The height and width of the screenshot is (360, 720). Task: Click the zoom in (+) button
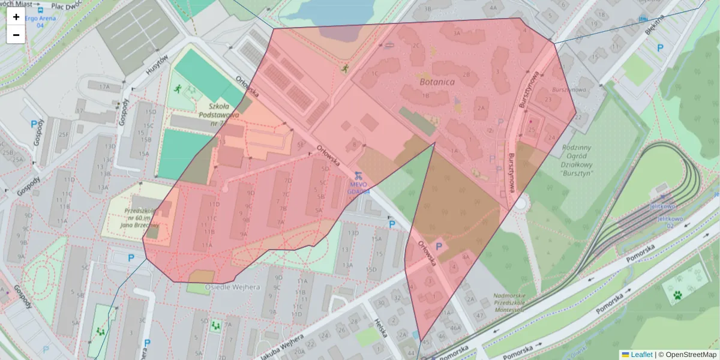(x=16, y=17)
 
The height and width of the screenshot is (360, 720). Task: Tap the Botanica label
(x=437, y=81)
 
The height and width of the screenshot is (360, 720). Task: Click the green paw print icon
(x=676, y=295)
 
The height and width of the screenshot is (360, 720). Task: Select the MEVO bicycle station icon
(x=358, y=176)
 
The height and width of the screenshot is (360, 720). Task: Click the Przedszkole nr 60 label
(x=142, y=218)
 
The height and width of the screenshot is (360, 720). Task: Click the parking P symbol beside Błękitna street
(x=660, y=48)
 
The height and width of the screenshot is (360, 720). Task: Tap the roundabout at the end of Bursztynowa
(x=521, y=204)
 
